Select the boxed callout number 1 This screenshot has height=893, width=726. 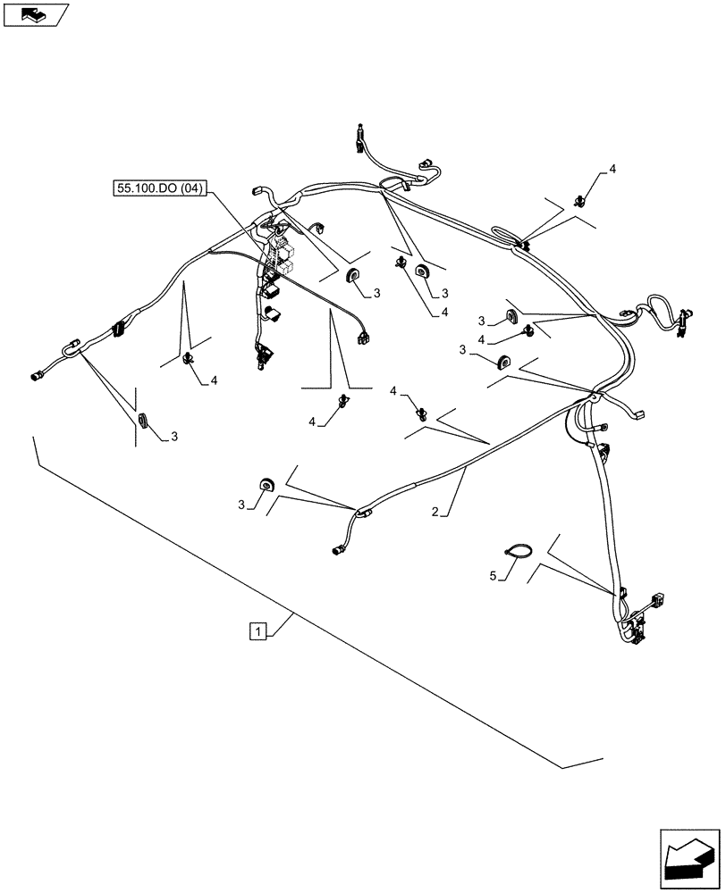[x=257, y=632]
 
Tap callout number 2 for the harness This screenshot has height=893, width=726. [x=435, y=513]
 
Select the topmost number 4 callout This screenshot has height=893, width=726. [x=612, y=169]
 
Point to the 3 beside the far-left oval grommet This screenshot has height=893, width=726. [x=174, y=437]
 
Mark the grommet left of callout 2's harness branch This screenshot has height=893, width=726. [x=266, y=485]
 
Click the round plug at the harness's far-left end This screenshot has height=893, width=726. [x=37, y=377]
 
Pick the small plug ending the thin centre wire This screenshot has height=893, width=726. [x=363, y=338]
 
